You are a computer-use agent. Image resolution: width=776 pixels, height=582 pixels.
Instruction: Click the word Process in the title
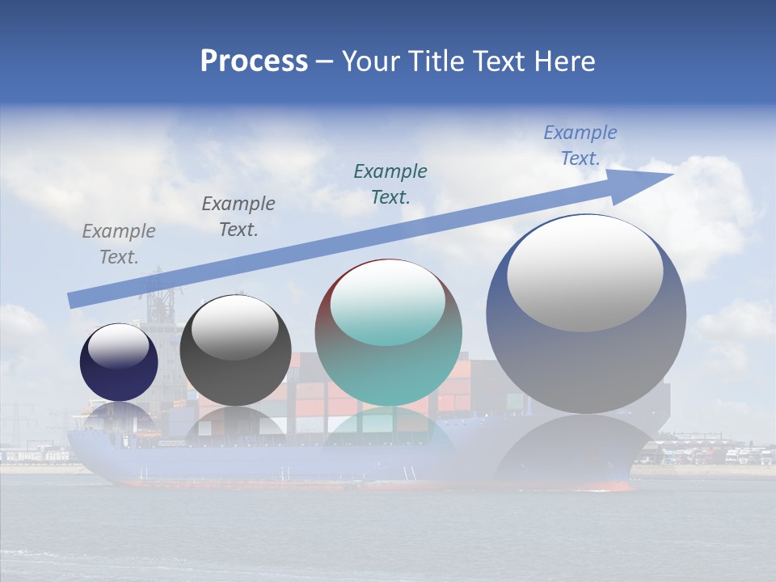pos(254,61)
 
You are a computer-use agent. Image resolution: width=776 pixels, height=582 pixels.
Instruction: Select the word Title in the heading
pos(434,61)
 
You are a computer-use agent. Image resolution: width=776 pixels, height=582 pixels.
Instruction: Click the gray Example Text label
pos(119,244)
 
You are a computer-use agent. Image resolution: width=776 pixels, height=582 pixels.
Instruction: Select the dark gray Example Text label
pos(238,217)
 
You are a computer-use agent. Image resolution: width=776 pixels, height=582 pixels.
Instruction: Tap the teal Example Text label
pos(390,183)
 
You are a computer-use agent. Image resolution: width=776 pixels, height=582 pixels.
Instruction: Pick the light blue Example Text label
pos(580,145)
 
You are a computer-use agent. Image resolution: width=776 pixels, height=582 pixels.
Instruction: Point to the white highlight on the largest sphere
pos(584,273)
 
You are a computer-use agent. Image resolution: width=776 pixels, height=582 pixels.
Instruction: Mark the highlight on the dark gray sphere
pos(235,327)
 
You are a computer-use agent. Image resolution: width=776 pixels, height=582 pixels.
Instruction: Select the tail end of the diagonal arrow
pos(74,300)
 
